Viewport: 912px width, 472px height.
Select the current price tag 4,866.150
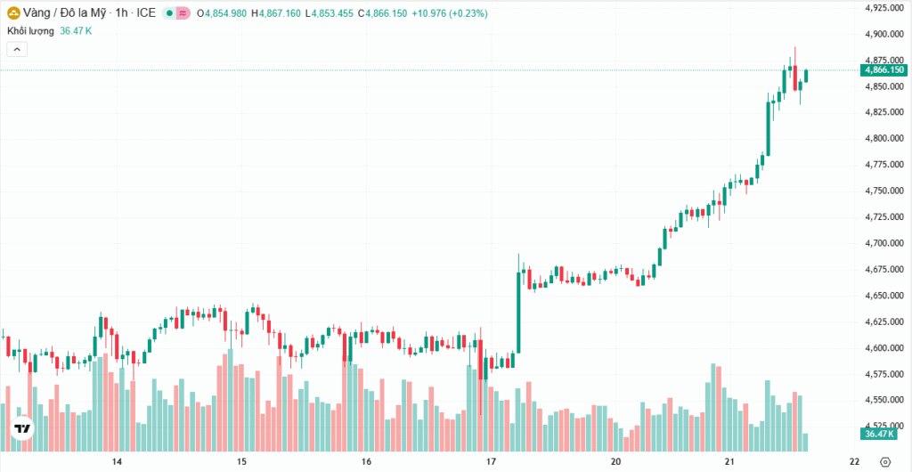click(883, 69)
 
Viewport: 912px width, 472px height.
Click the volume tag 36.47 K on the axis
click(881, 434)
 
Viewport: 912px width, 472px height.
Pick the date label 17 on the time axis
click(491, 462)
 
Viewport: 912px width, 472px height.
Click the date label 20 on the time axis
click(616, 462)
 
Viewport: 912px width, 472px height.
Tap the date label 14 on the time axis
click(117, 462)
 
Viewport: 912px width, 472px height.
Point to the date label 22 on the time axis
click(854, 462)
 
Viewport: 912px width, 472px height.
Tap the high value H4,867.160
click(277, 13)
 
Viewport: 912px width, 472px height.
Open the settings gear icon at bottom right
click(884, 462)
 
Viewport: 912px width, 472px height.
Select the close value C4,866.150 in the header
click(383, 13)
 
